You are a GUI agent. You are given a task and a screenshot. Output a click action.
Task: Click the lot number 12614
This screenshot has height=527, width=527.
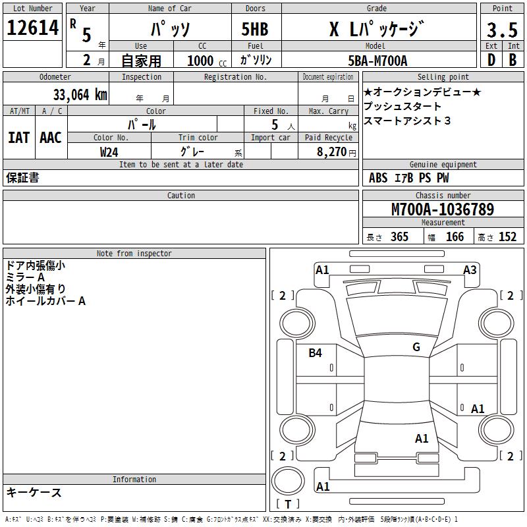coord(32,28)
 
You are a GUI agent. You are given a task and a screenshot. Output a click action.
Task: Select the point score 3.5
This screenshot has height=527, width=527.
coord(502,30)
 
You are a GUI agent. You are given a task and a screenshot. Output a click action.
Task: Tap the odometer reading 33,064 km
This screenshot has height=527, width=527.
coord(80,95)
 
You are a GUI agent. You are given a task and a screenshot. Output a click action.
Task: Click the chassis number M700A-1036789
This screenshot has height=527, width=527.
coord(442,209)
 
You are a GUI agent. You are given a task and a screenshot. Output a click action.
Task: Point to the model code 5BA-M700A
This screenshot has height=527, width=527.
coord(377,61)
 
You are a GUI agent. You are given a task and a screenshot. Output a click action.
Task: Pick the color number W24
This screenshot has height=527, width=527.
coord(109,152)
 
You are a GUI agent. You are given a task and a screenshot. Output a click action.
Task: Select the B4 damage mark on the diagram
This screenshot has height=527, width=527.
coord(316,353)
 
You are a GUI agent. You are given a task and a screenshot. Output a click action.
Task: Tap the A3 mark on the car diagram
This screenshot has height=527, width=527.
coord(470,270)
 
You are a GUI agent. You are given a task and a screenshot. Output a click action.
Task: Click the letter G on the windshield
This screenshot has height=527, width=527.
coord(416,347)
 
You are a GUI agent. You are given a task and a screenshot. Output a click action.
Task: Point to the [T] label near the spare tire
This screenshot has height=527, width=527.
coord(288,505)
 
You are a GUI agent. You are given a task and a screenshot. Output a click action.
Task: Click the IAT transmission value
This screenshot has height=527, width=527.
coord(18,137)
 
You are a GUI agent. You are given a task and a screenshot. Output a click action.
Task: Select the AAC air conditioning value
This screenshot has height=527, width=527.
coord(51,137)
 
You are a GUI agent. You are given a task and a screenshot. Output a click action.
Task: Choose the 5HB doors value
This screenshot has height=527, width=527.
coord(255,30)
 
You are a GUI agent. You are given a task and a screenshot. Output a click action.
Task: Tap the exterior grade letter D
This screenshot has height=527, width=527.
coord(491,60)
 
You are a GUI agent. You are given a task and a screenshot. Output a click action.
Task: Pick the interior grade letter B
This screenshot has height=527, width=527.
coord(513,60)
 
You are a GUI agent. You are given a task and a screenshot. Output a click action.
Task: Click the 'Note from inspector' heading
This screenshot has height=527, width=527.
coord(134,253)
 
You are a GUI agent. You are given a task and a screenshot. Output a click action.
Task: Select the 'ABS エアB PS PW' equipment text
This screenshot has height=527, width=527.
coord(408,178)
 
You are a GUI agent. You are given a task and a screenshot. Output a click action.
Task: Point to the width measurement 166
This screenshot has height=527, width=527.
coord(455,237)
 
